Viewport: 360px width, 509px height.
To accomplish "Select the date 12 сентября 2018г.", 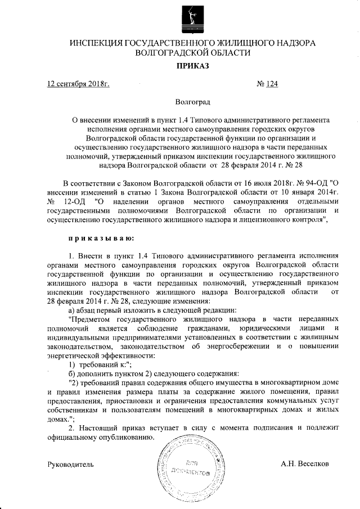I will pos(78,84).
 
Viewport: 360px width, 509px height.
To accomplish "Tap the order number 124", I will pos(272,84).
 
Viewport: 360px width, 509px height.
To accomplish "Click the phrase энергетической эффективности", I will pos(93,354).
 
